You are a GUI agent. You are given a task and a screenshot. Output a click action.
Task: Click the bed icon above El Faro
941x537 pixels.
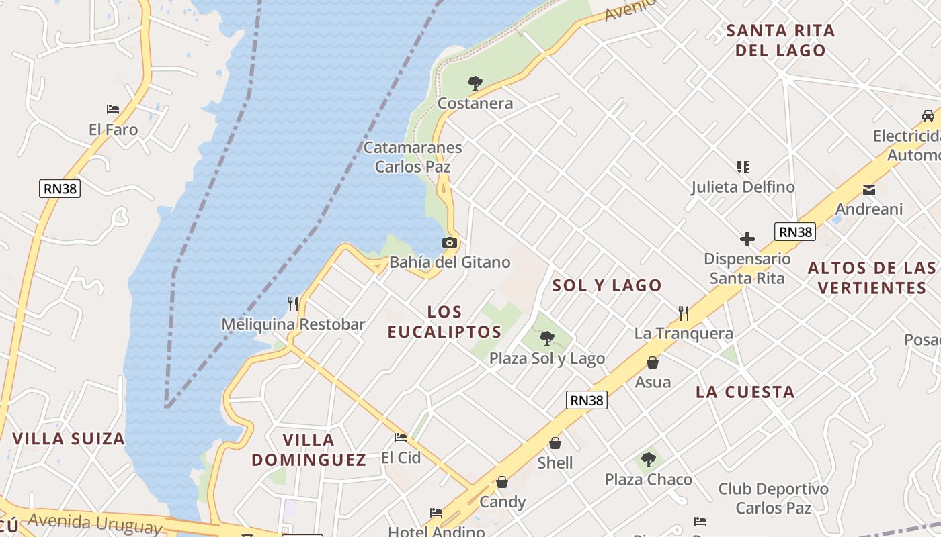113,109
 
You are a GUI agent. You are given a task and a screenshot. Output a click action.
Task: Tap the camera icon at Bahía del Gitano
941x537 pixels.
450,242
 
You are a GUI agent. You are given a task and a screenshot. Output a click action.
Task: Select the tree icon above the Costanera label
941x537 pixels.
475,83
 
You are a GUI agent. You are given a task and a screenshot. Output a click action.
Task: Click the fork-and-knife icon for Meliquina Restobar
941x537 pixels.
293,304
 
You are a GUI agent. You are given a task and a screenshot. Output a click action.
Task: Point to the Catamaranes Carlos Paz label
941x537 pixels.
412,157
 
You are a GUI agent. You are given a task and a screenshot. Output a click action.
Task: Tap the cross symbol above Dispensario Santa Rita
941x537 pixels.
747,239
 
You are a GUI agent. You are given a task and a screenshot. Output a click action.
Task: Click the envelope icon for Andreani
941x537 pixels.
869,190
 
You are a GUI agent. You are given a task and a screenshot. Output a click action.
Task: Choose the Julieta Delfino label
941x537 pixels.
743,187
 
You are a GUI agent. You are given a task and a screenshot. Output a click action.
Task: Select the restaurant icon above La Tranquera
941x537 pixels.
684,313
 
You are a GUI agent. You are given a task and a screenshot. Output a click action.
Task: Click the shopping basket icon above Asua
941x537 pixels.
652,362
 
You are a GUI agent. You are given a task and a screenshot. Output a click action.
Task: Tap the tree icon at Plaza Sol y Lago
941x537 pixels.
547,338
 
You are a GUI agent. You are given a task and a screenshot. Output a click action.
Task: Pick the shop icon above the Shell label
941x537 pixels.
555,443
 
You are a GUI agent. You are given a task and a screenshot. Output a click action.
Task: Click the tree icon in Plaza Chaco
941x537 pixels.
649,460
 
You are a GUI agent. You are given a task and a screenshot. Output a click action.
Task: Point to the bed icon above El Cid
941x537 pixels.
401,438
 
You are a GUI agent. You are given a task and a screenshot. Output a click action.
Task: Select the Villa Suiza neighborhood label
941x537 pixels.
69,439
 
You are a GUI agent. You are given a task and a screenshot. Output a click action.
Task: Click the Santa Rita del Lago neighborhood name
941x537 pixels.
780,40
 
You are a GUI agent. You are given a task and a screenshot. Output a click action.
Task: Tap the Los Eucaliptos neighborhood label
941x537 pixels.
444,322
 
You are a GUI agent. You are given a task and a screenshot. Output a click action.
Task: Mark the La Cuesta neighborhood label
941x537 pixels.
745,392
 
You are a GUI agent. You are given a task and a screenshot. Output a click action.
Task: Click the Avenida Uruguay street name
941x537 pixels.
95,522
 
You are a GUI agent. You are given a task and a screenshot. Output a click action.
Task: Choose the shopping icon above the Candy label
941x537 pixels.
502,482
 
